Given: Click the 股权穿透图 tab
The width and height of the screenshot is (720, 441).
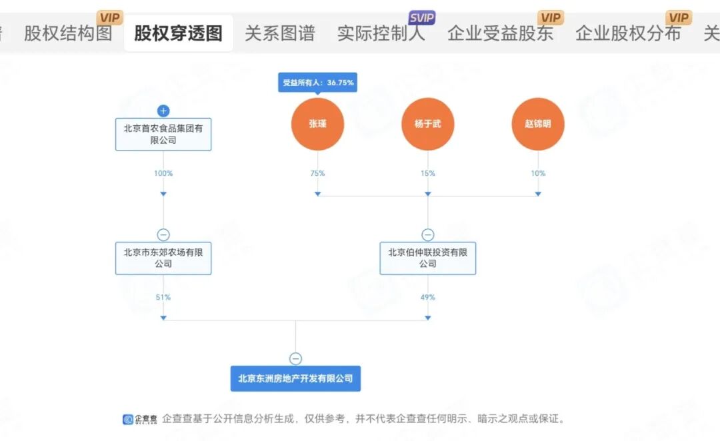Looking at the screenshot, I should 178,33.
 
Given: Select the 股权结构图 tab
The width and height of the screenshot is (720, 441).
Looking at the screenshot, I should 68,33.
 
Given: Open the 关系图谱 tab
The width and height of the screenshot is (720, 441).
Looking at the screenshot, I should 279,33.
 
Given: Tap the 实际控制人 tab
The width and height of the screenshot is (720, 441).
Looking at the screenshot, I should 381,33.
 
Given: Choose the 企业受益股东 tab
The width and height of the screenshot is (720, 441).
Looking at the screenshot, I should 500,33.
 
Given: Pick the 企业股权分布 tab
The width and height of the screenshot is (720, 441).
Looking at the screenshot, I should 628,33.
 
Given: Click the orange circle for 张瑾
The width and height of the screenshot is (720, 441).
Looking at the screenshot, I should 317,124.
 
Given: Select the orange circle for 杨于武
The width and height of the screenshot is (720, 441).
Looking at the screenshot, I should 428,124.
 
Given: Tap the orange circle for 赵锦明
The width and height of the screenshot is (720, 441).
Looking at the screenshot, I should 538,124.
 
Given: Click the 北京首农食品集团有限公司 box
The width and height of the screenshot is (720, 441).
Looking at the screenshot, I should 163,134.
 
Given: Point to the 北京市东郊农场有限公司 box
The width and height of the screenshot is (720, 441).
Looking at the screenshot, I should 163,258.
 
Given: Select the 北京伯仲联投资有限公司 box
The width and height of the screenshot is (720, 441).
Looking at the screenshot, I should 428,258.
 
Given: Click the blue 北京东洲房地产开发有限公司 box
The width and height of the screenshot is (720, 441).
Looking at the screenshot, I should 295,378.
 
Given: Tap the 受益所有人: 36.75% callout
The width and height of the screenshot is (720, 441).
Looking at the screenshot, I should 317,83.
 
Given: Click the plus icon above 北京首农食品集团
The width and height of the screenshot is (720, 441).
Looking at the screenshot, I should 163,111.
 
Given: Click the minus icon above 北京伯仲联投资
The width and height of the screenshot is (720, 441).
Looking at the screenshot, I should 428,234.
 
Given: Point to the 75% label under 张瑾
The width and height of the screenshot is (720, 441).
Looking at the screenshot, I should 317,173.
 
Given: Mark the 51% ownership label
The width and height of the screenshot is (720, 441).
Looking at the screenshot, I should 163,297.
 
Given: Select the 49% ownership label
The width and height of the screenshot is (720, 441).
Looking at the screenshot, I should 428,297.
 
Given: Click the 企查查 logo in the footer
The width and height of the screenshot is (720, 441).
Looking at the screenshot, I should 139,419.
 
